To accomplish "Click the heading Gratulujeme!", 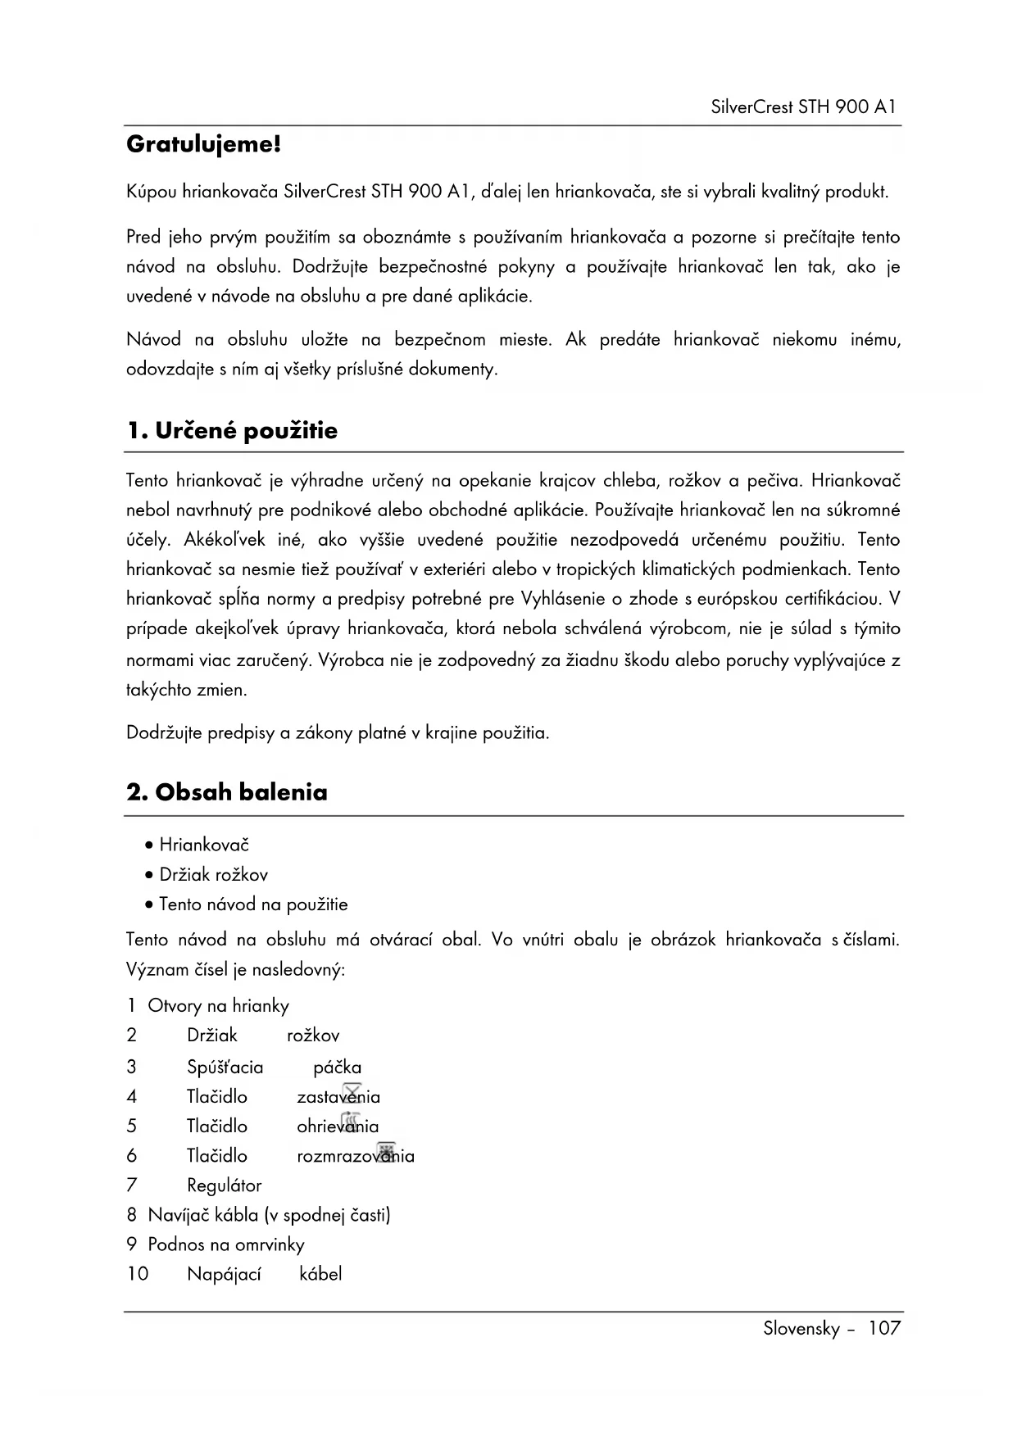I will click(203, 145).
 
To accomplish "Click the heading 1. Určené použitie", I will click(232, 431).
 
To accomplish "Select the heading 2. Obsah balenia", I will click(227, 792).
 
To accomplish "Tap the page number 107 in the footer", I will click(884, 1328).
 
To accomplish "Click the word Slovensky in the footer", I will click(801, 1328).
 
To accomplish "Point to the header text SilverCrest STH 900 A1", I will click(803, 107).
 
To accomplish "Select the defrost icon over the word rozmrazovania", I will click(386, 1150).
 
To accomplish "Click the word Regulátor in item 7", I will click(224, 1185).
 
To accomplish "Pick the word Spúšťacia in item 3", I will click(225, 1068).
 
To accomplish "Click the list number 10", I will click(138, 1274).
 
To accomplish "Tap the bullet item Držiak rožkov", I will click(213, 875).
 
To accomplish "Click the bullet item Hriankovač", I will click(204, 845).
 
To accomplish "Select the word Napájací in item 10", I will click(224, 1274).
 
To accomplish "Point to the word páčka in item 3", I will click(337, 1068).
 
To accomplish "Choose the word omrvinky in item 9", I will click(270, 1244).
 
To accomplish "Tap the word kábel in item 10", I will click(320, 1274).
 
